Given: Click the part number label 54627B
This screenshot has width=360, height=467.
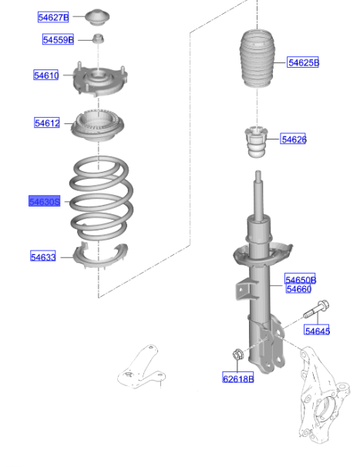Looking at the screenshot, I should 53,17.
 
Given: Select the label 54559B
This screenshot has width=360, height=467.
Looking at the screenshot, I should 58,39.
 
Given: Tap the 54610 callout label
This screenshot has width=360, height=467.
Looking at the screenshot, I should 46,76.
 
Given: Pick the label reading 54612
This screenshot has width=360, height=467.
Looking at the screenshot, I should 46,123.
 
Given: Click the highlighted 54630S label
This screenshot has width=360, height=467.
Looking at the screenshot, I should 44,201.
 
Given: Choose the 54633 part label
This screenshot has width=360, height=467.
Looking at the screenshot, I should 43,257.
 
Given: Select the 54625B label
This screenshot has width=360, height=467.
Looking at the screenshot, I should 303,62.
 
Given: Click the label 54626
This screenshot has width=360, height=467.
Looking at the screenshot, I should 294,139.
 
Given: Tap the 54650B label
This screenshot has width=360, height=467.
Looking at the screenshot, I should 301,280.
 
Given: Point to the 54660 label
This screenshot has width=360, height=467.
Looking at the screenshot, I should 298,289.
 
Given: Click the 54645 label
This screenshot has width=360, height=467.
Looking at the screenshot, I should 317,331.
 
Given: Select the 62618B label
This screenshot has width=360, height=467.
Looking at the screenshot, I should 238,378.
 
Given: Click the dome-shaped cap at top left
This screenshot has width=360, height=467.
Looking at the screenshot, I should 99,16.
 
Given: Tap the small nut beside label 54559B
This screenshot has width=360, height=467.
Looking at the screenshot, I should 99,39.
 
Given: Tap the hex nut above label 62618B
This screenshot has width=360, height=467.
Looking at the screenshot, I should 238,356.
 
